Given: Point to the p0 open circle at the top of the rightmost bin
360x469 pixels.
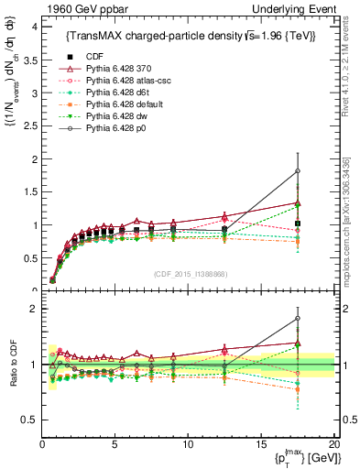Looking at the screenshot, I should (298, 170).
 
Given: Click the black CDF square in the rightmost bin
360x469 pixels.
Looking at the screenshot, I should (298, 224).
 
